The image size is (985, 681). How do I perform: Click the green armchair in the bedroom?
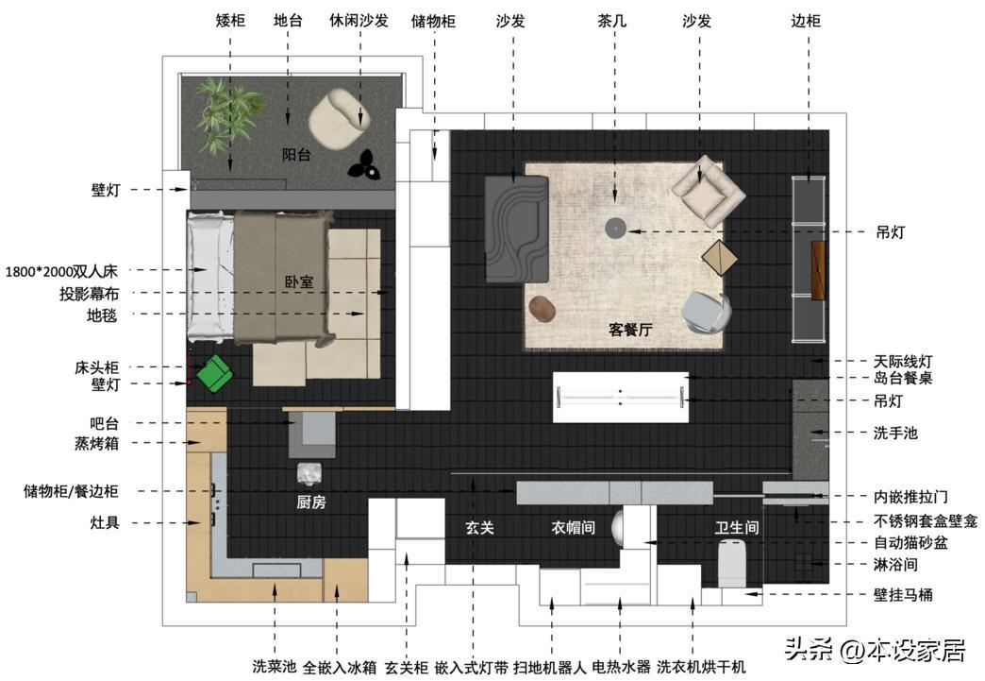(214, 373)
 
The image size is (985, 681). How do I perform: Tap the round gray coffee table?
(615, 228)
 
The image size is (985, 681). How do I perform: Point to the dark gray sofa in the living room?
(517, 229)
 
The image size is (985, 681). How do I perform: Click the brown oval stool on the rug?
(542, 309)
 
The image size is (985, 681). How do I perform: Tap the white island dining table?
(621, 397)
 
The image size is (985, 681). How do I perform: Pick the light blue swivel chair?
(707, 312)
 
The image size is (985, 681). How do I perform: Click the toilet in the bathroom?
(732, 563)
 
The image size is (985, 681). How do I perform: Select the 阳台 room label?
(296, 155)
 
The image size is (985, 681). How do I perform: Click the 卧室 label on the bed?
(299, 281)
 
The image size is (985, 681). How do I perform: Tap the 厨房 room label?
(311, 502)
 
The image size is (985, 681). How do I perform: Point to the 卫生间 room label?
(737, 527)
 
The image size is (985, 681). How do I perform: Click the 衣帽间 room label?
(573, 527)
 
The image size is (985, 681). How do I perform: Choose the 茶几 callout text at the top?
(612, 21)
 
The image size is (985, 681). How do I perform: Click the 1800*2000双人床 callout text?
(61, 272)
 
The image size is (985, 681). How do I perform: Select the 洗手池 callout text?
(895, 433)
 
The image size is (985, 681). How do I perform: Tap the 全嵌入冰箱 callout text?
(340, 667)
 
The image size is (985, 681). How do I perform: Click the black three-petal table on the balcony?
(364, 164)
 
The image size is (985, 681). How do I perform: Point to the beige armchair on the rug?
(709, 191)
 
